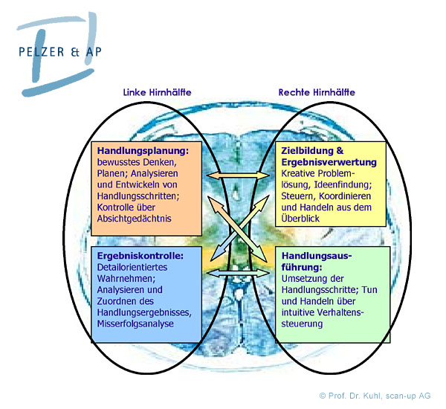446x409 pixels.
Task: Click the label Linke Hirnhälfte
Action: pyautogui.click(x=158, y=93)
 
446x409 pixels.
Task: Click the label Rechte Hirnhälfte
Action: pyautogui.click(x=317, y=93)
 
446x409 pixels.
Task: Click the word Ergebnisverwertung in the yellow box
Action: pyautogui.click(x=329, y=162)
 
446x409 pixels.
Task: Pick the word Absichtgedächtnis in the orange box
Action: pyautogui.click(x=134, y=219)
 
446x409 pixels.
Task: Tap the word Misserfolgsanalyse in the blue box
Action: pyautogui.click(x=138, y=323)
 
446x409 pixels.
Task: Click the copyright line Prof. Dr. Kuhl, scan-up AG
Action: pyautogui.click(x=375, y=396)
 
